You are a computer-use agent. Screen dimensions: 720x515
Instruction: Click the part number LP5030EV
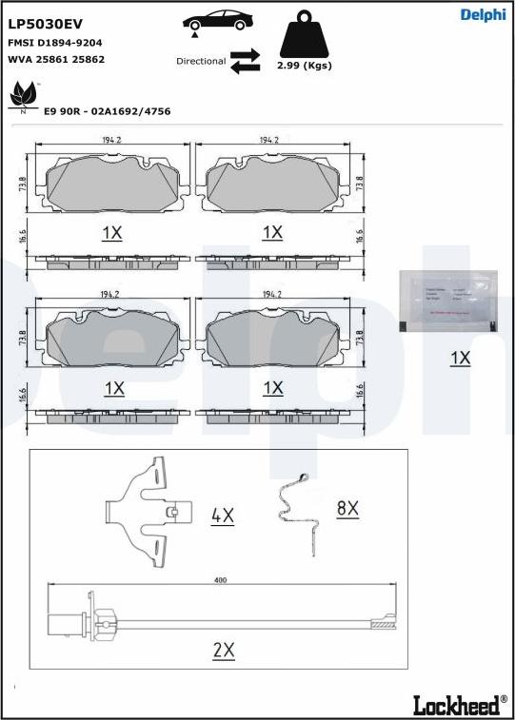pyautogui.click(x=45, y=24)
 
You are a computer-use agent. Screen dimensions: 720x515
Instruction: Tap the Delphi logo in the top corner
pyautogui.click(x=482, y=14)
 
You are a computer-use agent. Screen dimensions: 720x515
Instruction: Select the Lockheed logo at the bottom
pyautogui.click(x=459, y=705)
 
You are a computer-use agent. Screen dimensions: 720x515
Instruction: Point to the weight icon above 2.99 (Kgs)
pyautogui.click(x=303, y=36)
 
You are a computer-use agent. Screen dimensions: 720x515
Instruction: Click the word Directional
pyautogui.click(x=201, y=61)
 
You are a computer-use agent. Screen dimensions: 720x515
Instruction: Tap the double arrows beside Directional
pyautogui.click(x=245, y=60)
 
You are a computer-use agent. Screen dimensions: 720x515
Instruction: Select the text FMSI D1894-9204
pyautogui.click(x=54, y=43)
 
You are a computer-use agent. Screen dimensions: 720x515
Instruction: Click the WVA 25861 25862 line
pyautogui.click(x=55, y=59)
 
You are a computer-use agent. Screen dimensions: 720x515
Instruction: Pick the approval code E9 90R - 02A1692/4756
pyautogui.click(x=107, y=111)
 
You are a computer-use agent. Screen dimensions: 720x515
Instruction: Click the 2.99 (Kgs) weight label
pyautogui.click(x=303, y=66)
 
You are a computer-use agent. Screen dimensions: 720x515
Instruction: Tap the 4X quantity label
pyautogui.click(x=222, y=516)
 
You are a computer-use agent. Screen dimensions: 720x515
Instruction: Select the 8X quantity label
pyautogui.click(x=347, y=508)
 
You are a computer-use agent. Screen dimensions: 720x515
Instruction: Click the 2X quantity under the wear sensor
pyautogui.click(x=224, y=650)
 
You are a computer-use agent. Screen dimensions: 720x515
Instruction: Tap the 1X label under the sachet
pyautogui.click(x=460, y=358)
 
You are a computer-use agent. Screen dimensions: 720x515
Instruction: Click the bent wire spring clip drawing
pyautogui.click(x=300, y=509)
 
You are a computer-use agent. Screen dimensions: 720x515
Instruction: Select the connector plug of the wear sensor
pyautogui.click(x=65, y=624)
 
